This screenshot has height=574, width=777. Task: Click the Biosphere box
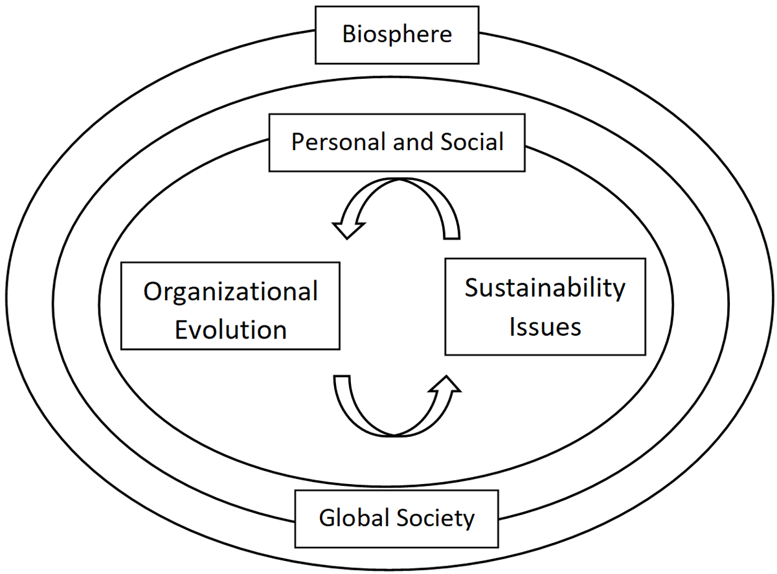tap(396, 35)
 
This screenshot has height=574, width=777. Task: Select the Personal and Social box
tap(396, 142)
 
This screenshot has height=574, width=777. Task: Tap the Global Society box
tap(396, 518)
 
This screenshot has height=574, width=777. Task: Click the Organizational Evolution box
tap(231, 306)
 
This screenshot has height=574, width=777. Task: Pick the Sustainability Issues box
tap(545, 306)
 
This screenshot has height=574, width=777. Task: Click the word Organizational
tap(231, 291)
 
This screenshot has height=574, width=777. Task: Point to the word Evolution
tap(231, 329)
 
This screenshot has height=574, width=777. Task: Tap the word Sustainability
tap(545, 288)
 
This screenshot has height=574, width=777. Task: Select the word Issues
tap(545, 326)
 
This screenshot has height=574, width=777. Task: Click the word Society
tap(435, 518)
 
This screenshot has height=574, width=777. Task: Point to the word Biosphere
tap(396, 35)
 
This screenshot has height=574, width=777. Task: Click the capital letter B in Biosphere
tap(349, 34)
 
